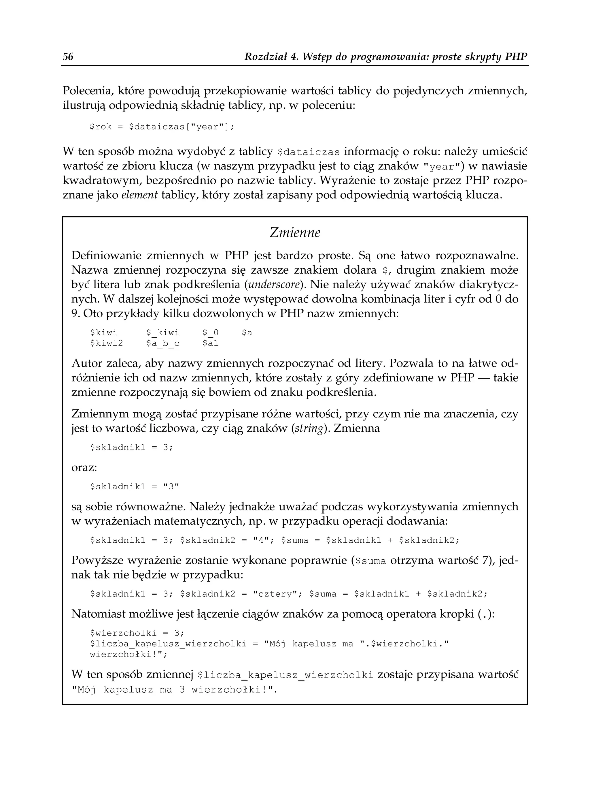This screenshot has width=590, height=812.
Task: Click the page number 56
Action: (x=68, y=57)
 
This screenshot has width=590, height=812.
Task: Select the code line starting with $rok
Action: (x=161, y=127)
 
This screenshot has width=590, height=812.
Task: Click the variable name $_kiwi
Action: (x=162, y=333)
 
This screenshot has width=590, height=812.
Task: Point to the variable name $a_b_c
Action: (x=162, y=344)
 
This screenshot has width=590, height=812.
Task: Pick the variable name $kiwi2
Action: (x=106, y=344)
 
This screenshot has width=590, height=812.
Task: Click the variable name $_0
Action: (x=210, y=333)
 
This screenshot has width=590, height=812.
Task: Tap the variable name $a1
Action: (x=210, y=344)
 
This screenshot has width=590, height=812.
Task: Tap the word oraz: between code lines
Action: (x=84, y=468)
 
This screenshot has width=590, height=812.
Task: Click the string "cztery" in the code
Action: (x=275, y=594)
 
